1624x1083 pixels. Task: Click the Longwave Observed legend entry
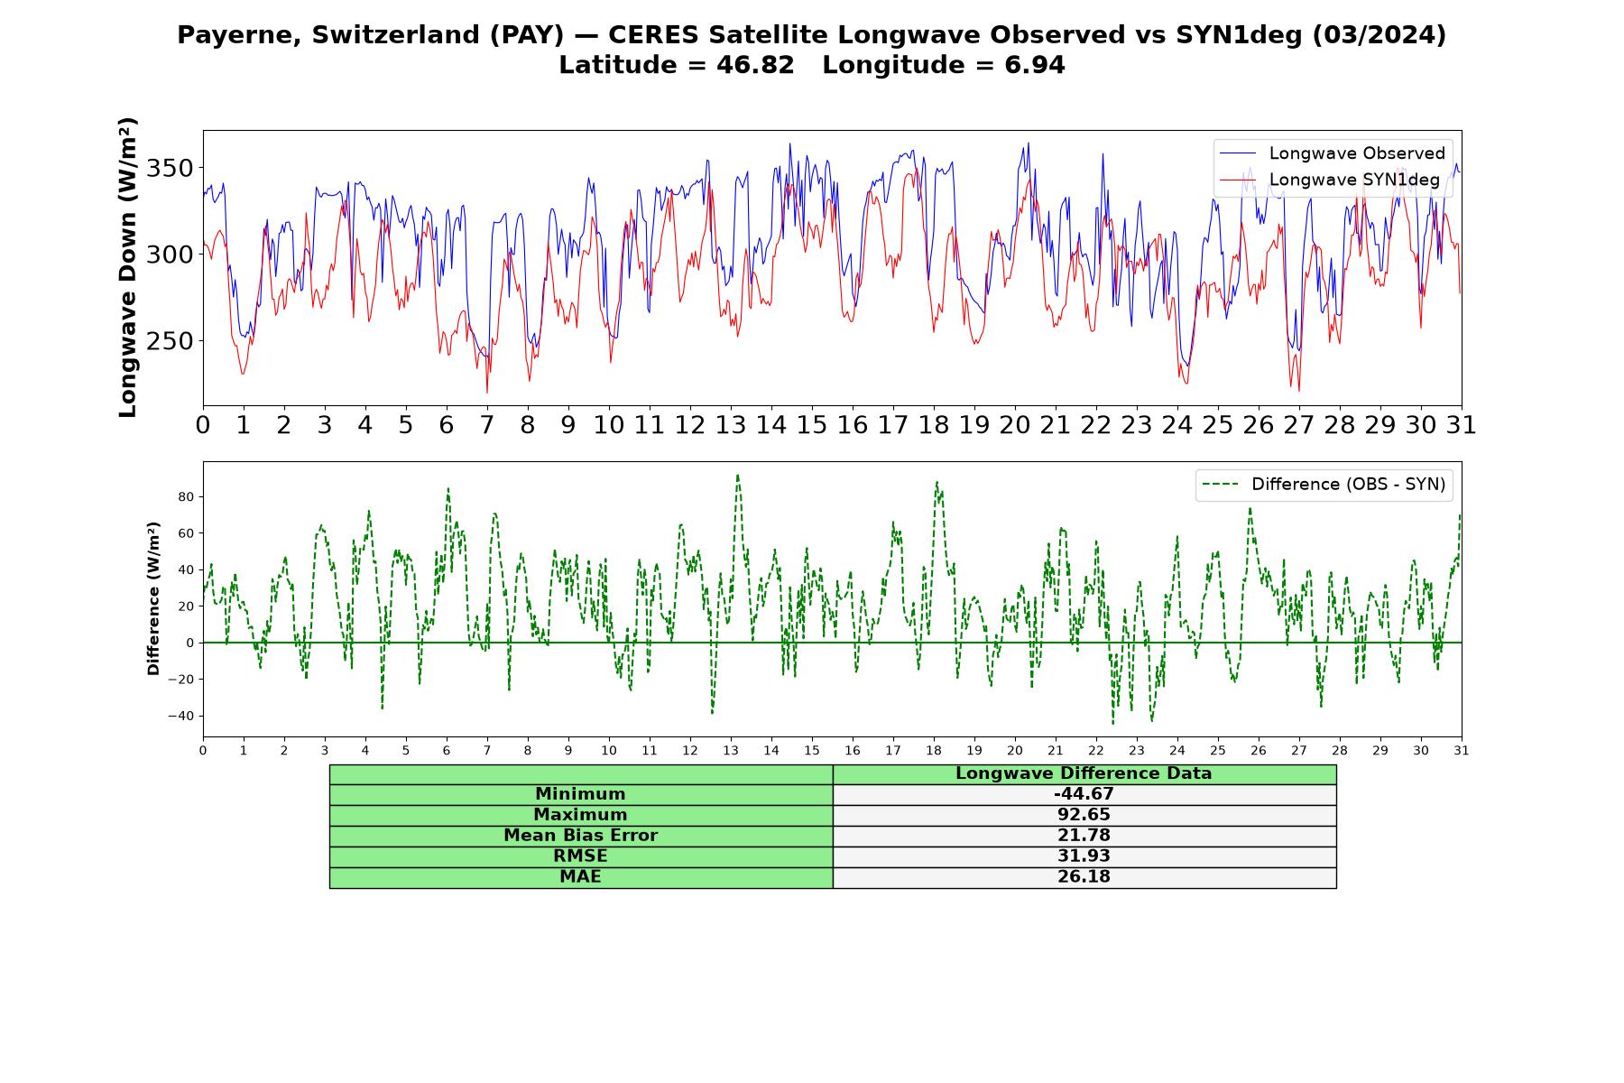(1332, 153)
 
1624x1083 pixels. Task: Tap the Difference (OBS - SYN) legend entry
(1324, 485)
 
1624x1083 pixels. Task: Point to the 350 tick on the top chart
(170, 169)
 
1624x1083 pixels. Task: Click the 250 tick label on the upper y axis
(170, 341)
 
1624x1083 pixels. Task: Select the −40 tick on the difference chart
(180, 716)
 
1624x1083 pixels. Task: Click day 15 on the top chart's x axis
(811, 424)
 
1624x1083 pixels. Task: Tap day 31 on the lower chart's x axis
(1461, 750)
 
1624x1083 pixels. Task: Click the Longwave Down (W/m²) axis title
(128, 267)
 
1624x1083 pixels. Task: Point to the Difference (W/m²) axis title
(153, 598)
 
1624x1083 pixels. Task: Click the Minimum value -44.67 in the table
(1084, 794)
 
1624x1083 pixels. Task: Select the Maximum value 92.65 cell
(1084, 815)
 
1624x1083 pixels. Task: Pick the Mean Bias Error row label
(580, 836)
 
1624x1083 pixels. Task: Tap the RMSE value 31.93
(1084, 856)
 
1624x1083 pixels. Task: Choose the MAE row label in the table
(580, 877)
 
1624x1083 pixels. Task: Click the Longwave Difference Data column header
(1084, 773)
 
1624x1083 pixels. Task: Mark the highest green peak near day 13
(737, 475)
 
